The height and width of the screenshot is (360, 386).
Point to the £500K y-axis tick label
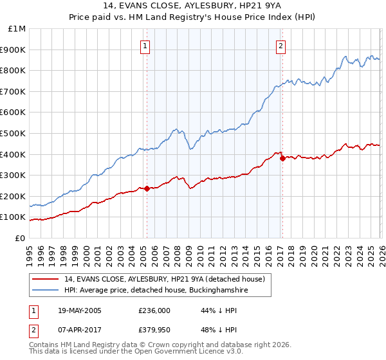pos(15,133)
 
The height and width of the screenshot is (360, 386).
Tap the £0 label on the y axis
pos(21,238)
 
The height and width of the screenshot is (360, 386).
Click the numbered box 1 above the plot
pos(146,46)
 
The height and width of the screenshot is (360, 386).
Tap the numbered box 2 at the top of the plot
pos(282,46)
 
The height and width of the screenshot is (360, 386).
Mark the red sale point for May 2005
pos(147,188)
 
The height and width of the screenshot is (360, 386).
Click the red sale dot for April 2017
pos(282,158)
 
